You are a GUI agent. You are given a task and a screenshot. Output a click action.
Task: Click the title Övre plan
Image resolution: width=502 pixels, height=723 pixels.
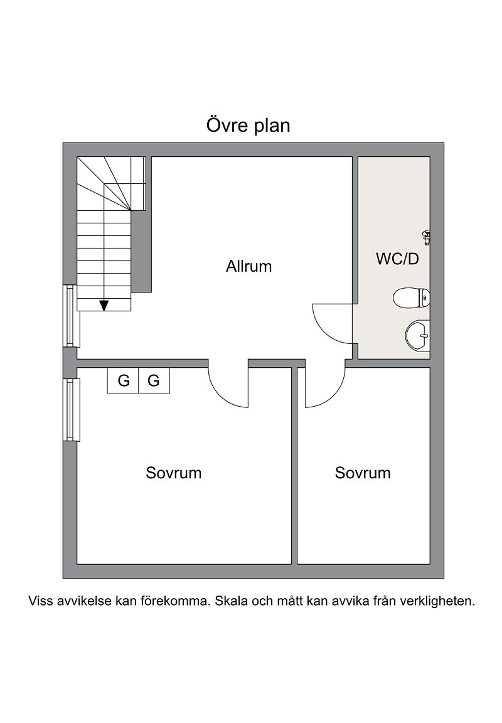point(248,126)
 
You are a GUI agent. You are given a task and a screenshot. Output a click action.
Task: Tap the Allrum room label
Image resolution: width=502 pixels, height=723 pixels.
point(248,267)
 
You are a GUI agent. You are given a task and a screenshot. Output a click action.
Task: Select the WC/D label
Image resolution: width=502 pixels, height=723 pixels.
point(397,259)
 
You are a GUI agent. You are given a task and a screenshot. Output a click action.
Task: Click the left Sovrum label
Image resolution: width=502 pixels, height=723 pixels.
point(174,473)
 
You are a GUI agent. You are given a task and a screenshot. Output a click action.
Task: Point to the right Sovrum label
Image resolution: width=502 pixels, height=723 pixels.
point(363,473)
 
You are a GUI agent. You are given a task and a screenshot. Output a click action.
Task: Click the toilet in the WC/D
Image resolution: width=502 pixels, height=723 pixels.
point(412,298)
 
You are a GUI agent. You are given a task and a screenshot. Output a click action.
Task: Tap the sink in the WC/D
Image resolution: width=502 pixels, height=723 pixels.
point(418,336)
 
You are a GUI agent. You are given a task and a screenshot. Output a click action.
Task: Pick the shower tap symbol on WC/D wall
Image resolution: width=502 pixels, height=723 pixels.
point(427,237)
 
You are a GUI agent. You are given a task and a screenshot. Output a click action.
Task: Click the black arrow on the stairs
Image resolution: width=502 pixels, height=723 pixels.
point(104,305)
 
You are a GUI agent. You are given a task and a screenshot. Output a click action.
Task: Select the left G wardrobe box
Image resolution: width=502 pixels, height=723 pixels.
point(123,380)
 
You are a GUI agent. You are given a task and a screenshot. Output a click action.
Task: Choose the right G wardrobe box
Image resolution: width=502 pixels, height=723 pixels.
point(154,380)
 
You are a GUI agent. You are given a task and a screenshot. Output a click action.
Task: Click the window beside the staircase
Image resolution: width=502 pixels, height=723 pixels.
point(71,316)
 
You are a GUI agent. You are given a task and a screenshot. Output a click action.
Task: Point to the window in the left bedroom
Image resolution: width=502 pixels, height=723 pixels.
point(71,410)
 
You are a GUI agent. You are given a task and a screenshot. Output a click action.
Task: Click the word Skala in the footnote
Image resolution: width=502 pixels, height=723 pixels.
point(230,601)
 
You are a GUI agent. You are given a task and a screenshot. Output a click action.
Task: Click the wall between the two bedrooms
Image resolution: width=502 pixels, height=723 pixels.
point(294,466)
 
